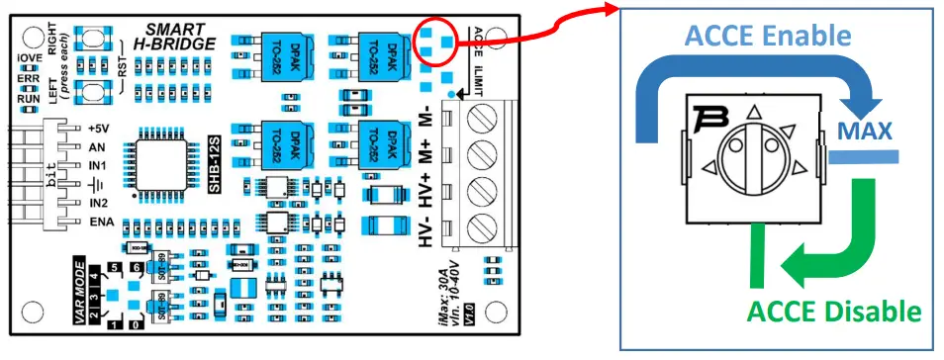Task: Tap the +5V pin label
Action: [98, 129]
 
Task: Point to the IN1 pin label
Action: [97, 164]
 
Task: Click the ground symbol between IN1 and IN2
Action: [97, 183]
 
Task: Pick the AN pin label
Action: [96, 146]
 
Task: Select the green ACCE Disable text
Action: [833, 312]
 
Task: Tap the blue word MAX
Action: [865, 131]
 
